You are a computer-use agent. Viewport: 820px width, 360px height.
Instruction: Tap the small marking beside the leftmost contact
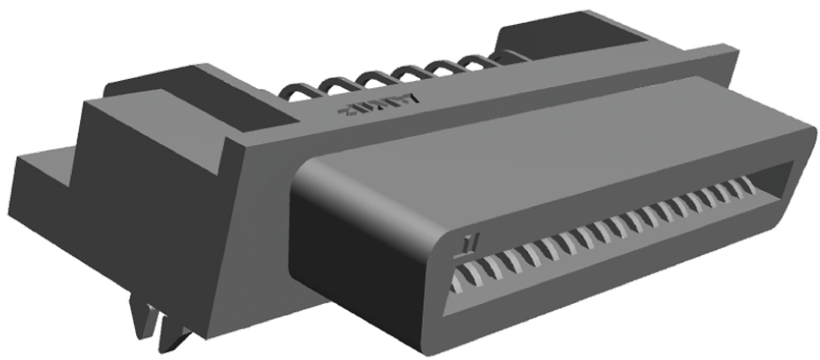pyautogui.click(x=469, y=243)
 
